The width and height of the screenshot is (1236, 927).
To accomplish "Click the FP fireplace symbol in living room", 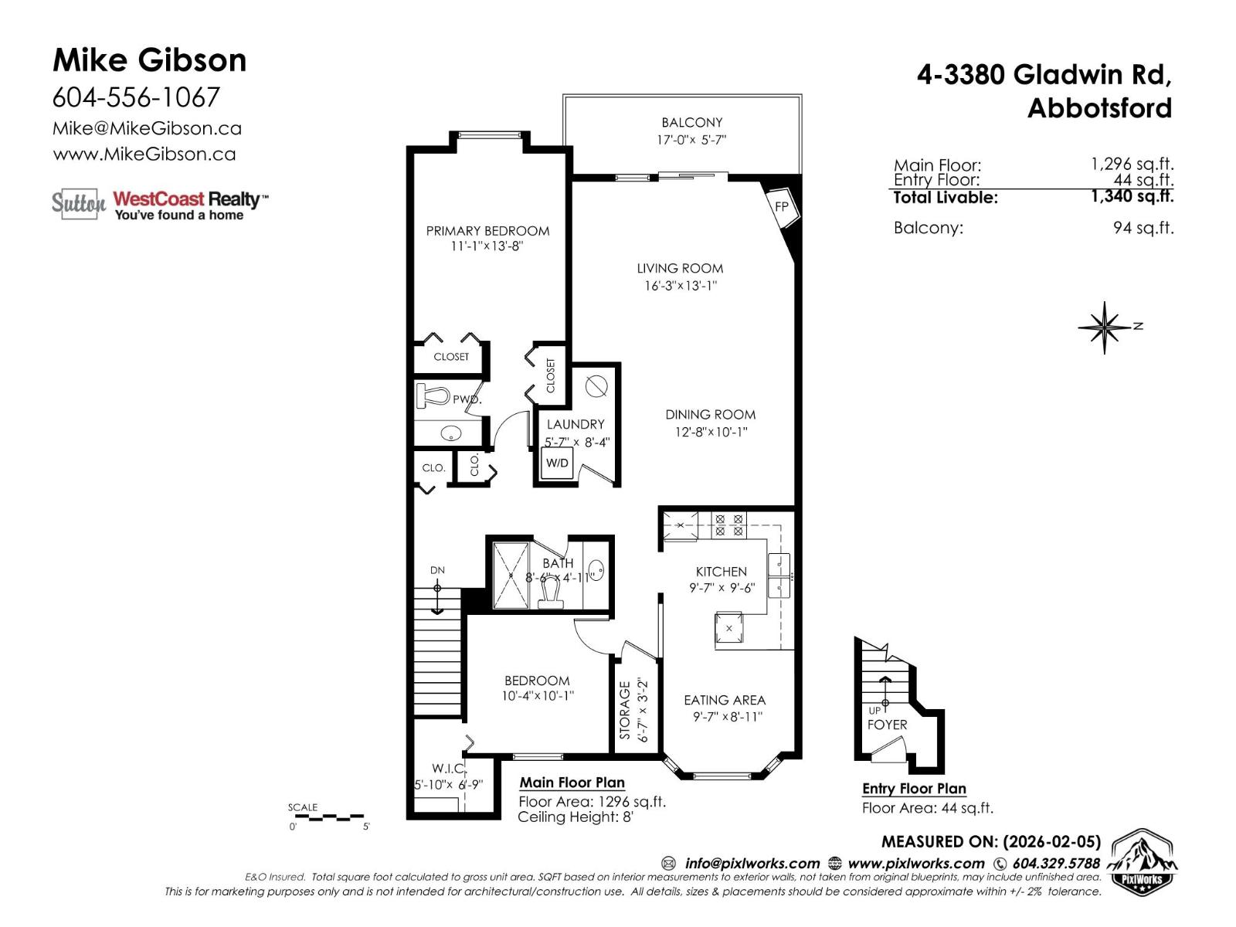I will coord(782,206).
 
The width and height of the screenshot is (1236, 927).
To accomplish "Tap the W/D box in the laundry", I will coord(557,463).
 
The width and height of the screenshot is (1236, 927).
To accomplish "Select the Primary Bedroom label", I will coord(487,230).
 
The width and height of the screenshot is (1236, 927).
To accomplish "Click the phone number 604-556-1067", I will coord(136,97).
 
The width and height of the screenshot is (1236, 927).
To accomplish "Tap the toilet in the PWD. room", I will coord(434,396).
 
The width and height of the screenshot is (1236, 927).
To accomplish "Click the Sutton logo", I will coord(78,203).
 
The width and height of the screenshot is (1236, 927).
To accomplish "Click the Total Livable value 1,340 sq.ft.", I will coord(1132,196).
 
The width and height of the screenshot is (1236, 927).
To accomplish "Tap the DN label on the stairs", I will coord(437,570).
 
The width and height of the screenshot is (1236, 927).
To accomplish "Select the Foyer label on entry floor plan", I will coord(887,725).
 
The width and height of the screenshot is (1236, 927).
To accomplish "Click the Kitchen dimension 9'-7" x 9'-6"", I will coord(722,588).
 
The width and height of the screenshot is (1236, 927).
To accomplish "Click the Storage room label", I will coord(625,710).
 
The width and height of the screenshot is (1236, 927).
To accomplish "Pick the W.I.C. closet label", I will coord(448,769).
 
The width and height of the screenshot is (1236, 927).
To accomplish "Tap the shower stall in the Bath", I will coord(511,576).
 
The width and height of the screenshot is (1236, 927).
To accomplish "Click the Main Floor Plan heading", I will coord(572,783).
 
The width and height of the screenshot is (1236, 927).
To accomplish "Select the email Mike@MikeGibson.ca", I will coord(147,128).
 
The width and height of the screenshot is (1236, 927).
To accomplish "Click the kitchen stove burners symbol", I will coord(728,525).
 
